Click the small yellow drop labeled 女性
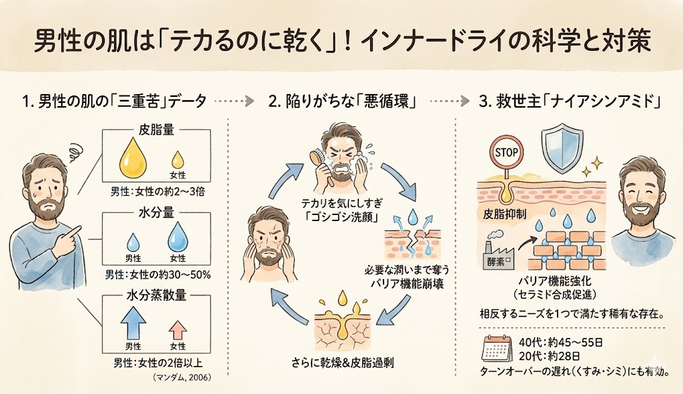(x=178, y=161)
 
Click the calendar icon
(x=496, y=349)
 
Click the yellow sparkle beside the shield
(x=595, y=163)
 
